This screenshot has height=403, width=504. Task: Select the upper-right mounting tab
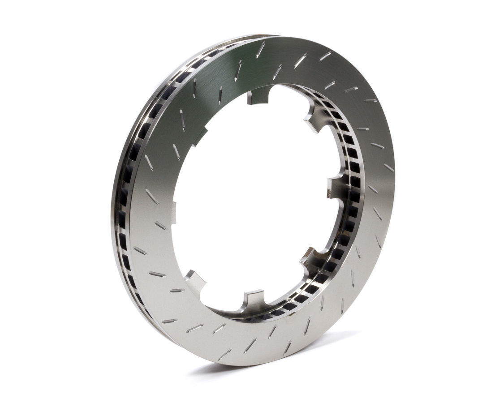[314, 120]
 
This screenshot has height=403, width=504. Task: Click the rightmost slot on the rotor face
[388, 167]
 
